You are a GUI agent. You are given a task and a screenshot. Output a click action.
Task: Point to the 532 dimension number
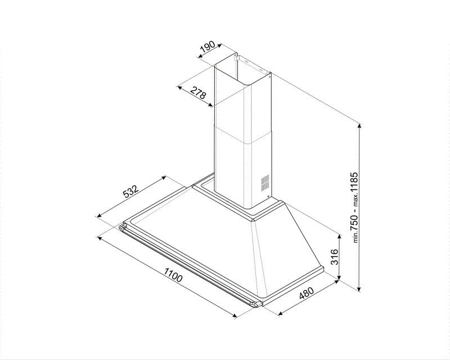coord(130,194)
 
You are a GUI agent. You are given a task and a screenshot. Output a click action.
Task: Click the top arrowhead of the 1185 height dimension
coord(361,127)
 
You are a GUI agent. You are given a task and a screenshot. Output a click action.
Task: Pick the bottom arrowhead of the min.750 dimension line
coord(361,287)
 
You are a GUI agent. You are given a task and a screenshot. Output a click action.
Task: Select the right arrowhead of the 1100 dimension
coord(235,317)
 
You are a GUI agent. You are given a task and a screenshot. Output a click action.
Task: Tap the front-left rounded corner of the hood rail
coord(122,226)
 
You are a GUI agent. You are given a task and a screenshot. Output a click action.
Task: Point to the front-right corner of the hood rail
coord(256,304)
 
